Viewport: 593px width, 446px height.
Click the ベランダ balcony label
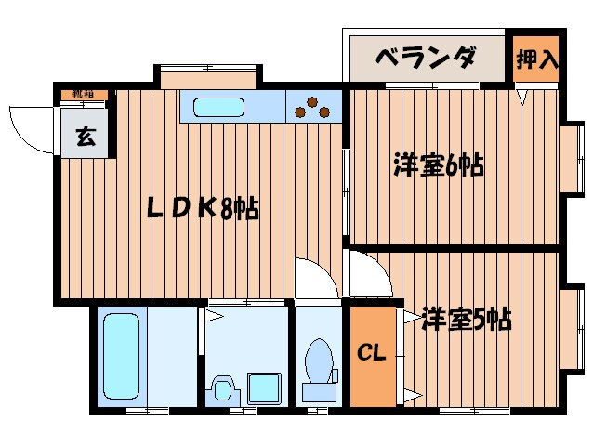click(425, 59)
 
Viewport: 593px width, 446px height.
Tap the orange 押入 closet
click(536, 60)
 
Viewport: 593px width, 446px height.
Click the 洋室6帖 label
click(437, 166)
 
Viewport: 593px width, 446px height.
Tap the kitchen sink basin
click(218, 108)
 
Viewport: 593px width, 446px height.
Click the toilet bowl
click(320, 364)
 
